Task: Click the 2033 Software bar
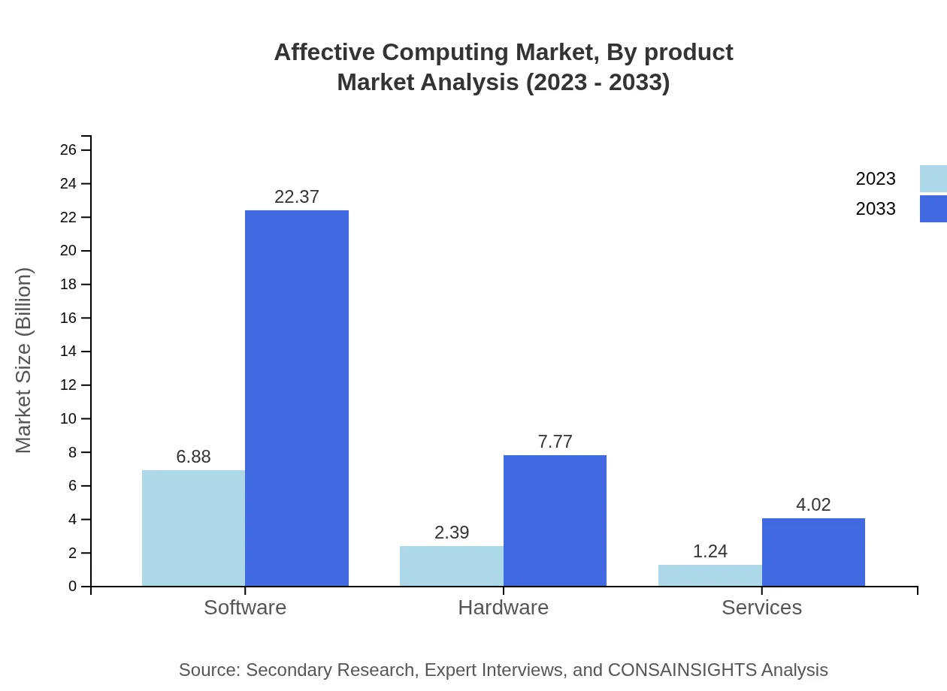coord(297,398)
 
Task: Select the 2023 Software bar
coord(193,528)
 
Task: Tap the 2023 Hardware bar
coord(451,566)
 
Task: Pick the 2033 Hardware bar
coord(555,521)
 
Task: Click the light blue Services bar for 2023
coord(709,575)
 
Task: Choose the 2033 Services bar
coord(813,552)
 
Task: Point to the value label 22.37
coord(297,197)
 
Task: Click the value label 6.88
coord(193,457)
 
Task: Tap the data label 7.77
coord(555,442)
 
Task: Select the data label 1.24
coord(709,551)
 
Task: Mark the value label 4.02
coord(813,505)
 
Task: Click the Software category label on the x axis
coord(245,607)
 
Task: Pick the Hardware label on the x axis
coord(503,607)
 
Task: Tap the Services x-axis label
coord(761,607)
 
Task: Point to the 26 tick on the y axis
coord(68,150)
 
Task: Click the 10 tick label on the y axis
coord(68,418)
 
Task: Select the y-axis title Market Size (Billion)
coord(23,361)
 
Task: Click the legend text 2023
coord(875,179)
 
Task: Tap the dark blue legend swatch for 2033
coord(933,209)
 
